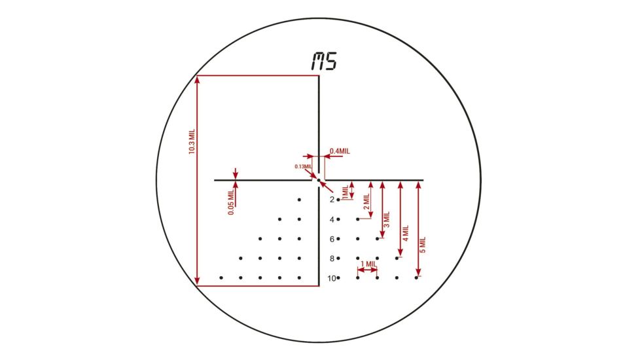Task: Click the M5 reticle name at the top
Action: (x=323, y=62)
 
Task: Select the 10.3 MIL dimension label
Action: (x=192, y=141)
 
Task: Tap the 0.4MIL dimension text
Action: (x=340, y=151)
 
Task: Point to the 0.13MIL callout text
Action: (x=303, y=166)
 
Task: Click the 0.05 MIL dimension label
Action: (x=230, y=203)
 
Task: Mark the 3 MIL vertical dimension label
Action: (x=386, y=220)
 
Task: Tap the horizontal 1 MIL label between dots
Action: (x=368, y=264)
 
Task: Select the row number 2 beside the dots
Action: (x=332, y=199)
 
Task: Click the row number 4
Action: (x=332, y=219)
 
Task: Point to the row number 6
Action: (x=332, y=239)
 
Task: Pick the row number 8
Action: (x=332, y=259)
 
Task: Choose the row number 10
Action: (x=331, y=278)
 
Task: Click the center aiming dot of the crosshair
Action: (x=319, y=180)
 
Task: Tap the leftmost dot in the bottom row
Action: (x=221, y=278)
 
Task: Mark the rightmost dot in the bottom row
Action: (x=416, y=278)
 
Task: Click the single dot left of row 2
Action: (x=299, y=199)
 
